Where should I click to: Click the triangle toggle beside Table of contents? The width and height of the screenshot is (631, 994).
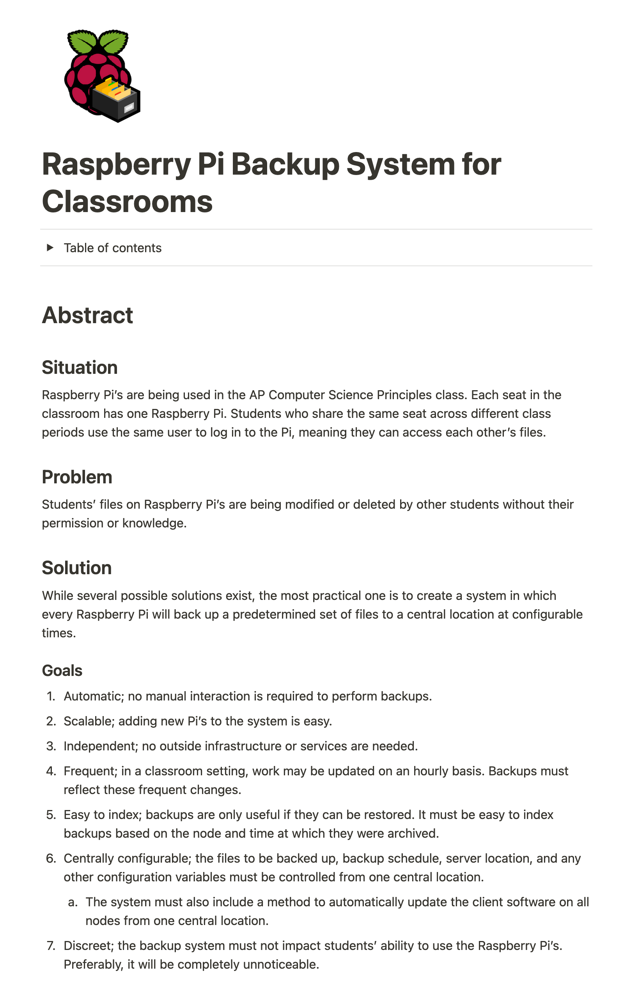(50, 248)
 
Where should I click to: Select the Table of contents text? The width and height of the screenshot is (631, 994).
(112, 248)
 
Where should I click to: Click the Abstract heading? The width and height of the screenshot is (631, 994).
(87, 315)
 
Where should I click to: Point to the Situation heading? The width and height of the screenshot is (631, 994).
(80, 367)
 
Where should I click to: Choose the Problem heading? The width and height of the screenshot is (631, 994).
(77, 477)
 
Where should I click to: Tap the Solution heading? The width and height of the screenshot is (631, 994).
(77, 568)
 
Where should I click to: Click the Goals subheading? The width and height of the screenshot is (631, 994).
(62, 670)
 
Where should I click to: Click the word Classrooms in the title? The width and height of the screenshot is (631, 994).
(127, 202)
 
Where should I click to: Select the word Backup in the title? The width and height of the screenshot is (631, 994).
(285, 164)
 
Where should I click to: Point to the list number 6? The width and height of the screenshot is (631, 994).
(51, 859)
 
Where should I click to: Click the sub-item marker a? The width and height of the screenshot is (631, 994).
(73, 902)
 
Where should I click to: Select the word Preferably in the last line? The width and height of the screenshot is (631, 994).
(93, 965)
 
